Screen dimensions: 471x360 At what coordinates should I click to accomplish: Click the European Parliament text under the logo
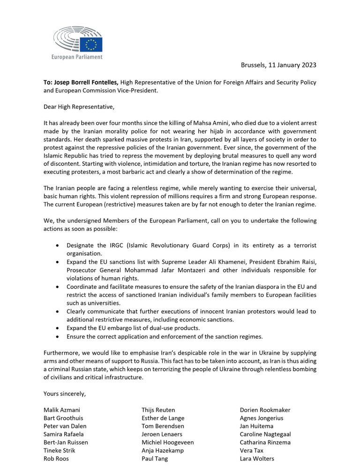coord(76,57)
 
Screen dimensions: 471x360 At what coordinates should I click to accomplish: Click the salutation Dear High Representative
coord(79,106)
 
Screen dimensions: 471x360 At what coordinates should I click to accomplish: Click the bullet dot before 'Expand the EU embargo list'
coord(57,327)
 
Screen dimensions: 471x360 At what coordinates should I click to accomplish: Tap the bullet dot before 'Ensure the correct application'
coord(57,336)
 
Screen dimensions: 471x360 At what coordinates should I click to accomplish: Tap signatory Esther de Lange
coord(163,418)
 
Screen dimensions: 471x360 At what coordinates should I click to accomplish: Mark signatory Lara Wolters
coord(257,459)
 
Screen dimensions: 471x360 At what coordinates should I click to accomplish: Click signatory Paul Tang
coord(155,459)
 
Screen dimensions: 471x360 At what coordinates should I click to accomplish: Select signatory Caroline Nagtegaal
coord(265,434)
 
